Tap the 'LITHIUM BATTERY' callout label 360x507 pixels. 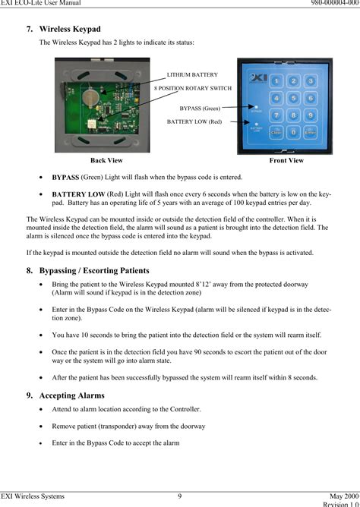point(191,74)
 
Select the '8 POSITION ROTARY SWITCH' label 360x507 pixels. point(193,88)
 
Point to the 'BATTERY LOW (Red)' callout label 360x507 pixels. point(194,121)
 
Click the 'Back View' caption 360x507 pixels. point(106,161)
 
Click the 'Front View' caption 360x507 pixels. point(286,161)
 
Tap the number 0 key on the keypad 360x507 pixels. point(293,131)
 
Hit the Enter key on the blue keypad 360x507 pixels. point(310,131)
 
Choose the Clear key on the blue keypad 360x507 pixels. point(277,131)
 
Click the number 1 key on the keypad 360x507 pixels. point(277,81)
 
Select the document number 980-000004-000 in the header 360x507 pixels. point(328,5)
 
